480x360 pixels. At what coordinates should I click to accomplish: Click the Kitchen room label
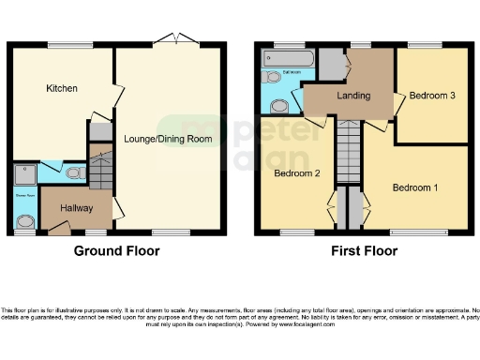(x=62, y=88)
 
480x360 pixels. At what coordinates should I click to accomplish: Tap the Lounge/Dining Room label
(x=168, y=139)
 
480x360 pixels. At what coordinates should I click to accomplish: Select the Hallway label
(x=78, y=207)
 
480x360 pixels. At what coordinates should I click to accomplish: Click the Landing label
(x=352, y=96)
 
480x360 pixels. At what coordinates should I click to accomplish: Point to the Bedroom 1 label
(x=414, y=187)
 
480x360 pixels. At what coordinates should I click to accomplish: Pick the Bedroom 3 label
(x=432, y=96)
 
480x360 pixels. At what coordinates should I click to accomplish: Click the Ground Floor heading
(x=117, y=251)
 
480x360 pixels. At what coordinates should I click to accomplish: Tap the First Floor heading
(x=363, y=251)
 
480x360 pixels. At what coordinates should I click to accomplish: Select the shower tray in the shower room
(x=24, y=174)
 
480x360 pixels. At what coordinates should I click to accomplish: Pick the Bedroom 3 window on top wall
(x=426, y=44)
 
